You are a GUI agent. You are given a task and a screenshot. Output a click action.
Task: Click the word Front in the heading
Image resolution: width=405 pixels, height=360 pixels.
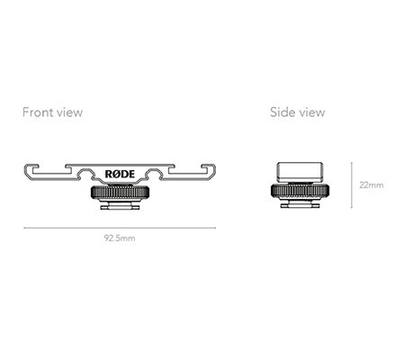click(38, 112)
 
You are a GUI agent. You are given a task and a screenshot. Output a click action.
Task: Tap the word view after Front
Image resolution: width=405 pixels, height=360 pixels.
click(69, 112)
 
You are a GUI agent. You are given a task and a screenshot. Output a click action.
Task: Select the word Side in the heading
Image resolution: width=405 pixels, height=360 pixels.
click(283, 112)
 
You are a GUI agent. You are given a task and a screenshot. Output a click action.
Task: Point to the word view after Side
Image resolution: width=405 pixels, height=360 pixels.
click(312, 112)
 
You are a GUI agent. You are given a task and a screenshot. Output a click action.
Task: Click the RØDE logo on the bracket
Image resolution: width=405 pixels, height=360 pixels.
click(120, 174)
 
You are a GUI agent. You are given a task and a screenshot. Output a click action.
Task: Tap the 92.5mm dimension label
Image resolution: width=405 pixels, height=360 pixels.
click(120, 238)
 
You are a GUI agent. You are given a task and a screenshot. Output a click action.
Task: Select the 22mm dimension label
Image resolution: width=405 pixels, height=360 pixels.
click(372, 185)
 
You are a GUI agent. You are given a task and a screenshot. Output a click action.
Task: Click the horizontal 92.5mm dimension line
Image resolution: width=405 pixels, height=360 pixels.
click(120, 228)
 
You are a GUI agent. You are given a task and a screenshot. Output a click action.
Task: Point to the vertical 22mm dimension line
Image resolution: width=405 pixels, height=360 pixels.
click(352, 185)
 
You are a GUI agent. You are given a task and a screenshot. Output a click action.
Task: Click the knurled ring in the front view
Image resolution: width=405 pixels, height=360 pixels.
click(120, 192)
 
